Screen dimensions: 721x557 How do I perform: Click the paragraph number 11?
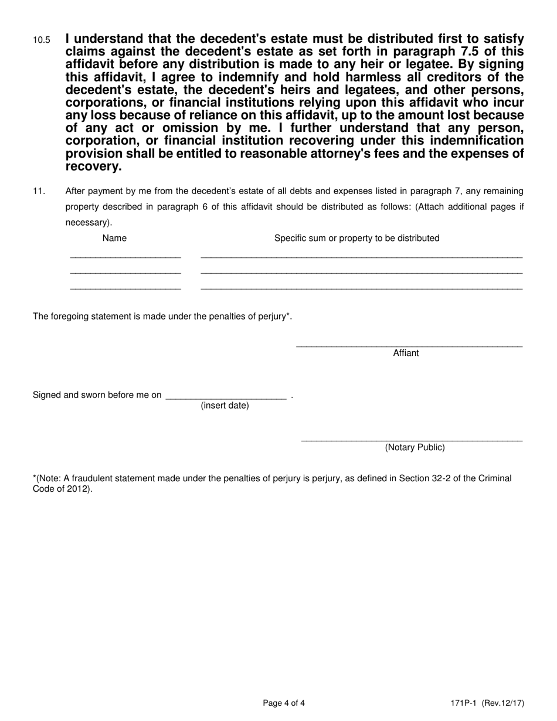pyautogui.click(x=39, y=191)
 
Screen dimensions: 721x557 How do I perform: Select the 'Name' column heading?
pyautogui.click(x=114, y=238)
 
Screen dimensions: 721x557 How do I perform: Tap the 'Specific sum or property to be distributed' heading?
pyautogui.click(x=356, y=238)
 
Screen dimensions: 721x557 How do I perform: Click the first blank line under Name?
pyautogui.click(x=125, y=257)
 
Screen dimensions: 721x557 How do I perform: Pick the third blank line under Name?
pyautogui.click(x=125, y=288)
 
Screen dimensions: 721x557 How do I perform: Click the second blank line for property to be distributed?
pyautogui.click(x=361, y=273)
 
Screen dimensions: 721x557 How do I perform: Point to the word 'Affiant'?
pyautogui.click(x=406, y=353)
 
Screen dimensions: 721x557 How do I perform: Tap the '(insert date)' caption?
pyautogui.click(x=225, y=406)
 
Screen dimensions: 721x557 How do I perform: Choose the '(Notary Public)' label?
pyautogui.click(x=415, y=448)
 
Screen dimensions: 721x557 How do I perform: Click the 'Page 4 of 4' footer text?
pyautogui.click(x=284, y=703)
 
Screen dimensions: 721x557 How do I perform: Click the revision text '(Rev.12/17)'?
pyautogui.click(x=503, y=703)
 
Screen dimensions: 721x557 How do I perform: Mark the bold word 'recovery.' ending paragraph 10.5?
pyautogui.click(x=93, y=166)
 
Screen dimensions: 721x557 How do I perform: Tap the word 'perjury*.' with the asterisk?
pyautogui.click(x=273, y=317)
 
